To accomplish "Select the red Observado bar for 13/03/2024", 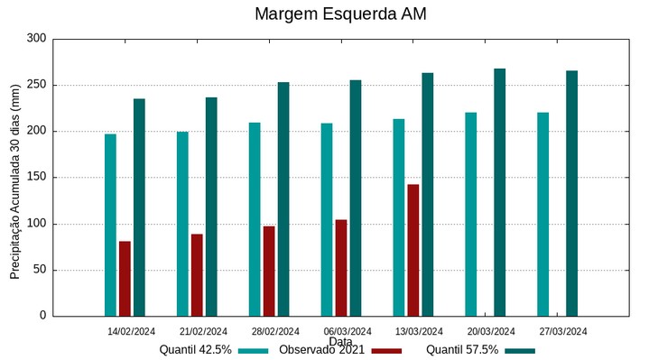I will [x=413, y=250].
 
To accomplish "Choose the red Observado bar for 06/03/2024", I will [x=341, y=267].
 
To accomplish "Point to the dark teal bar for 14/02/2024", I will [x=139, y=207].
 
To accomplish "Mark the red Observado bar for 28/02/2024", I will [x=269, y=271].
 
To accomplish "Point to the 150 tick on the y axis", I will [x=36, y=178].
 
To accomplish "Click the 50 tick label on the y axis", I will [x=39, y=270].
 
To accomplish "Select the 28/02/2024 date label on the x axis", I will [x=275, y=331].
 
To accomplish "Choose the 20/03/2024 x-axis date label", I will [x=491, y=331].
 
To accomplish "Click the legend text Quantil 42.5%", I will [x=195, y=350].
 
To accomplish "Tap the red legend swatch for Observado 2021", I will [x=386, y=350].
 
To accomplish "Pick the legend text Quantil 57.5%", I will [x=462, y=350].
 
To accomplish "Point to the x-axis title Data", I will [x=340, y=341].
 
